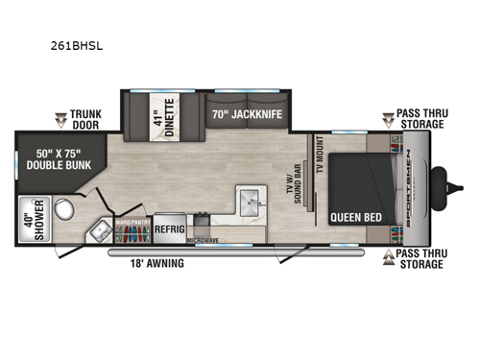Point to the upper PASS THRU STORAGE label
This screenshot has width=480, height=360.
click(x=420, y=119)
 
